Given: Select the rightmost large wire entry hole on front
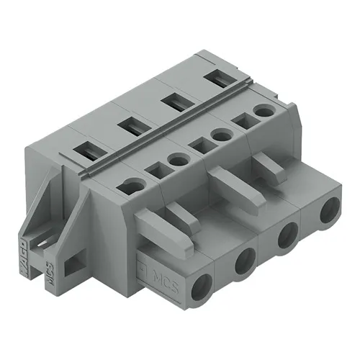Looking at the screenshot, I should tap(330, 213).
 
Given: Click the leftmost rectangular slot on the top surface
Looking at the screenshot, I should tap(87, 153).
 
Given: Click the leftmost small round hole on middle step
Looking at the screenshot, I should tap(135, 187).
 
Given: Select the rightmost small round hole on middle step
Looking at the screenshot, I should tap(268, 111).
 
